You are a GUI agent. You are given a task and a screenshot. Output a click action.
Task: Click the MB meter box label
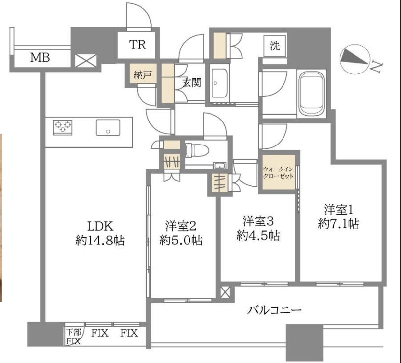[x=40, y=57]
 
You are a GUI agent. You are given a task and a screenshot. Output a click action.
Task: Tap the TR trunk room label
[x=138, y=45]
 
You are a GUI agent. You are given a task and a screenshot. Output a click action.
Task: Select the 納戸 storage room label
[x=142, y=75]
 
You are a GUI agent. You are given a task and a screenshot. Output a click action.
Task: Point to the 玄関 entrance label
[x=191, y=82]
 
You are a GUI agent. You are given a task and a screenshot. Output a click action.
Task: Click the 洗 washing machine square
[x=275, y=46]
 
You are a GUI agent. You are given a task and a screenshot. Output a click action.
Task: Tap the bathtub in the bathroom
[x=312, y=94]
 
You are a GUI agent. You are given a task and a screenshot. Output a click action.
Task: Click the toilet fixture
[x=196, y=151]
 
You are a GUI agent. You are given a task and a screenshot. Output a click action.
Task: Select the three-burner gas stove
[x=63, y=127]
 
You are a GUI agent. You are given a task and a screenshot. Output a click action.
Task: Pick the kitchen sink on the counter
[x=108, y=127]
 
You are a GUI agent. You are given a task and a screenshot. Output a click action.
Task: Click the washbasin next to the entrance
[x=219, y=84]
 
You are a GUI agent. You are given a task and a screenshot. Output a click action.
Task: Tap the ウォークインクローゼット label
[x=279, y=172]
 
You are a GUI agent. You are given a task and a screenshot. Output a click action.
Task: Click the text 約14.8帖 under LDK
[x=100, y=241]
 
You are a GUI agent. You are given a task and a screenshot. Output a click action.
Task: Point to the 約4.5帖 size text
[x=259, y=235]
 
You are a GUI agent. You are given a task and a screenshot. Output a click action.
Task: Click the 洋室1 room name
[x=339, y=210]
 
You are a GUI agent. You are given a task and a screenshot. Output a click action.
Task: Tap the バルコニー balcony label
[x=274, y=310]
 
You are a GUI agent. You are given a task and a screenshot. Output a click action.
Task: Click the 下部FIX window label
[x=73, y=337]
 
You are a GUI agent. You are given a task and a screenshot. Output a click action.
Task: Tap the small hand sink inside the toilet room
[x=219, y=166]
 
